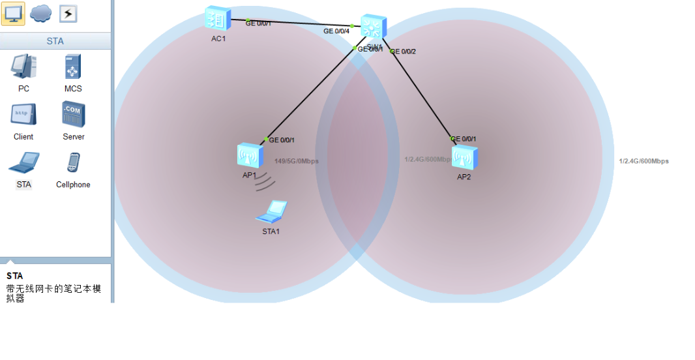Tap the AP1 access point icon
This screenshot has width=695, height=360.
click(249, 156)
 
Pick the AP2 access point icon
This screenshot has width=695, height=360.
click(464, 157)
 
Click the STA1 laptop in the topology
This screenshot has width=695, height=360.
click(272, 211)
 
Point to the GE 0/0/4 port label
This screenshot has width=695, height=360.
click(336, 31)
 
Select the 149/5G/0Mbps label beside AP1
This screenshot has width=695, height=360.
click(297, 161)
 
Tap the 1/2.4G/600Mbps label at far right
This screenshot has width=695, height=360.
click(643, 161)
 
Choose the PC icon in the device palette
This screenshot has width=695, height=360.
click(23, 67)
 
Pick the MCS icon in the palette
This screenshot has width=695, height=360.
click(72, 67)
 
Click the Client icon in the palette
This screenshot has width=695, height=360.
click(23, 115)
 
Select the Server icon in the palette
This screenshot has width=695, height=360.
click(73, 115)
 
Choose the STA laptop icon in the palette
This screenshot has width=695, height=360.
click(23, 163)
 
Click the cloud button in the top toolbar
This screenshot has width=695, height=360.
click(40, 14)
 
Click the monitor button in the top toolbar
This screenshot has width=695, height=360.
click(13, 14)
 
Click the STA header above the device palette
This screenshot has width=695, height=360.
click(55, 41)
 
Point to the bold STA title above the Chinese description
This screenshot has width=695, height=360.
click(14, 276)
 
